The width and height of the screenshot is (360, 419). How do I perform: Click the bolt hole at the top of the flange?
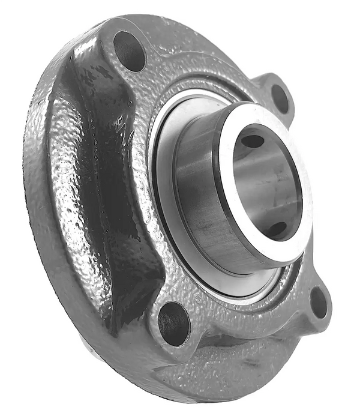pos(129,51)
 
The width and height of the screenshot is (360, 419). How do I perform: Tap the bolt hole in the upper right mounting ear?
pos(280,98)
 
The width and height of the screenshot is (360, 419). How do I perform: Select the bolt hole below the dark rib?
pos(174,323)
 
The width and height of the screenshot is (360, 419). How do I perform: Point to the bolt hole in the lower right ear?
pos(319,302)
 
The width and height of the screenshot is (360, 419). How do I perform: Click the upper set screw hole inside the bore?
pos(253,140)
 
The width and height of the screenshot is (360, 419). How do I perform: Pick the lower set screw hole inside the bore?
pos(277,229)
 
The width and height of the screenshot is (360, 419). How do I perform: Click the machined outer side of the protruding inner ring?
pos(198,198)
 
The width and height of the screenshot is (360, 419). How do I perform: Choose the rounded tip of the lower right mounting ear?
pos(328,312)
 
